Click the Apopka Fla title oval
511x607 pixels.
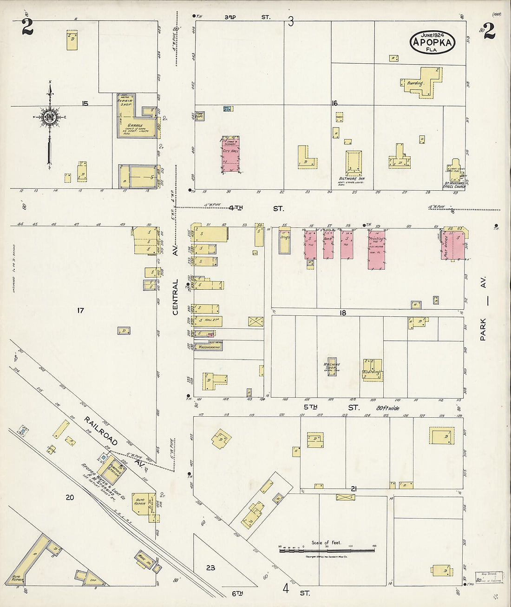[x=432, y=42]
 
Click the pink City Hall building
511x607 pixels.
[x=231, y=155]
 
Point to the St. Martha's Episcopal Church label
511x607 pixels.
[x=454, y=185]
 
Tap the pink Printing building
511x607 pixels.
[x=376, y=249]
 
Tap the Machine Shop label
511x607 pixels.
[x=332, y=367]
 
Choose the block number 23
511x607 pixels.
[x=210, y=567]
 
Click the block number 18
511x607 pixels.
[x=342, y=313]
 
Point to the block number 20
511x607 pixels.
[x=69, y=497]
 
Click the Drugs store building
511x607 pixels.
[x=285, y=241]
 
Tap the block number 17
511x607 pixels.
[x=80, y=310]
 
